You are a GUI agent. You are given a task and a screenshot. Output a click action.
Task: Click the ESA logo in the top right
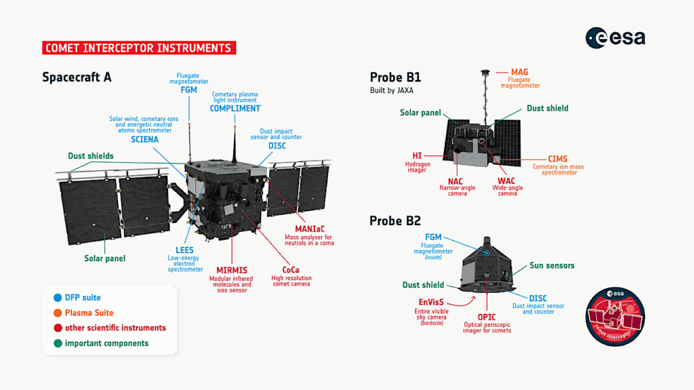(x=615, y=38)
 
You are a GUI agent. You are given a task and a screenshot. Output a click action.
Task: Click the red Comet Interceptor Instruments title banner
(x=139, y=48)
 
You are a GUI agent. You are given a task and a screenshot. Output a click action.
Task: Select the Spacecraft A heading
(x=77, y=77)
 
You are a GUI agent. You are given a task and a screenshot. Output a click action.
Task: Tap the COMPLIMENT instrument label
(x=234, y=109)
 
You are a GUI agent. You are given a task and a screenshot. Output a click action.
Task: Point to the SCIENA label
(x=144, y=140)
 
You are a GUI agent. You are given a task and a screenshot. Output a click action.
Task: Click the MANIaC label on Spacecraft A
(x=309, y=229)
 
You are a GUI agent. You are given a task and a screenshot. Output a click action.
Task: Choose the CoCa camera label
(x=290, y=270)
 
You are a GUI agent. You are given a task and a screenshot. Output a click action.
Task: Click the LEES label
(x=185, y=250)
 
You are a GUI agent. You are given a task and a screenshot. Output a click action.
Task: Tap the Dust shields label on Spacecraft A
(x=91, y=156)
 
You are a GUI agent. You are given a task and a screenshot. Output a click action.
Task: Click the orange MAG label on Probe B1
(x=520, y=72)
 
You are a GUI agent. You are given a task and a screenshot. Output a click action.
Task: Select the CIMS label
(x=558, y=159)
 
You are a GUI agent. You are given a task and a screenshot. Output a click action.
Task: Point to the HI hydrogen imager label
(x=417, y=156)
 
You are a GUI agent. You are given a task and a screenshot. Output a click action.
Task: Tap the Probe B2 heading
(x=395, y=220)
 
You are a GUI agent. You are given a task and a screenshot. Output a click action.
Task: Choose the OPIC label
(x=487, y=317)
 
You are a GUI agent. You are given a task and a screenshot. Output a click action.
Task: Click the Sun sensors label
(x=552, y=265)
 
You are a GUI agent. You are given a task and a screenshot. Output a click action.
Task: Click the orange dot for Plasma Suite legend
(x=56, y=313)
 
